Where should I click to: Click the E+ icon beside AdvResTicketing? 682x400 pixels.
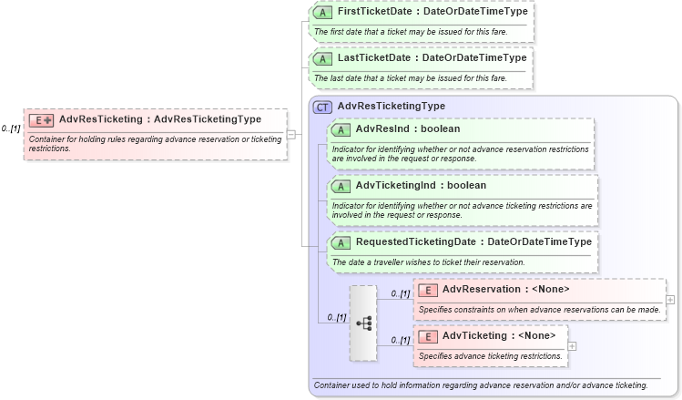click(x=42, y=119)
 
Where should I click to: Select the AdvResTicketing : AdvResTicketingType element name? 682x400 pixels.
click(x=159, y=119)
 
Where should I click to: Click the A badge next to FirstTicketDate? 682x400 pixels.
click(x=322, y=13)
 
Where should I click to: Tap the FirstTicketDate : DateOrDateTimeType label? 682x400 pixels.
click(x=432, y=13)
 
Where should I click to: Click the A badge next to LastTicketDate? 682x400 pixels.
click(x=322, y=58)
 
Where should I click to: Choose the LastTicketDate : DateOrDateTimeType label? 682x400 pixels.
click(x=432, y=58)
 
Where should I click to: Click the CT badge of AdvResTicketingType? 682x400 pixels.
click(x=322, y=107)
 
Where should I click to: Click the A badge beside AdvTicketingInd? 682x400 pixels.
click(x=341, y=186)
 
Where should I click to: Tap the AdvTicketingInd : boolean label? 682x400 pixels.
click(x=421, y=186)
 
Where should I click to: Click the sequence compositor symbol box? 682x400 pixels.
click(x=362, y=323)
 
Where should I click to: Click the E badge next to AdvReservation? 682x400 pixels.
click(x=428, y=290)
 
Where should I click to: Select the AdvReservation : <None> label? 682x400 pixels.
click(x=505, y=290)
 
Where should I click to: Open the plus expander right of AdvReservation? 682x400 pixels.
click(x=670, y=299)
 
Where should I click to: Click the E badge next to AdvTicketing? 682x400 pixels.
click(x=428, y=336)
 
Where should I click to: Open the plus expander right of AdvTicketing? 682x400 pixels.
click(x=572, y=345)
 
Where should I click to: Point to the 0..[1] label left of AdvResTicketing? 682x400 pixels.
click(x=11, y=128)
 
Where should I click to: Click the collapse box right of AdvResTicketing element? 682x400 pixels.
click(x=290, y=134)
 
